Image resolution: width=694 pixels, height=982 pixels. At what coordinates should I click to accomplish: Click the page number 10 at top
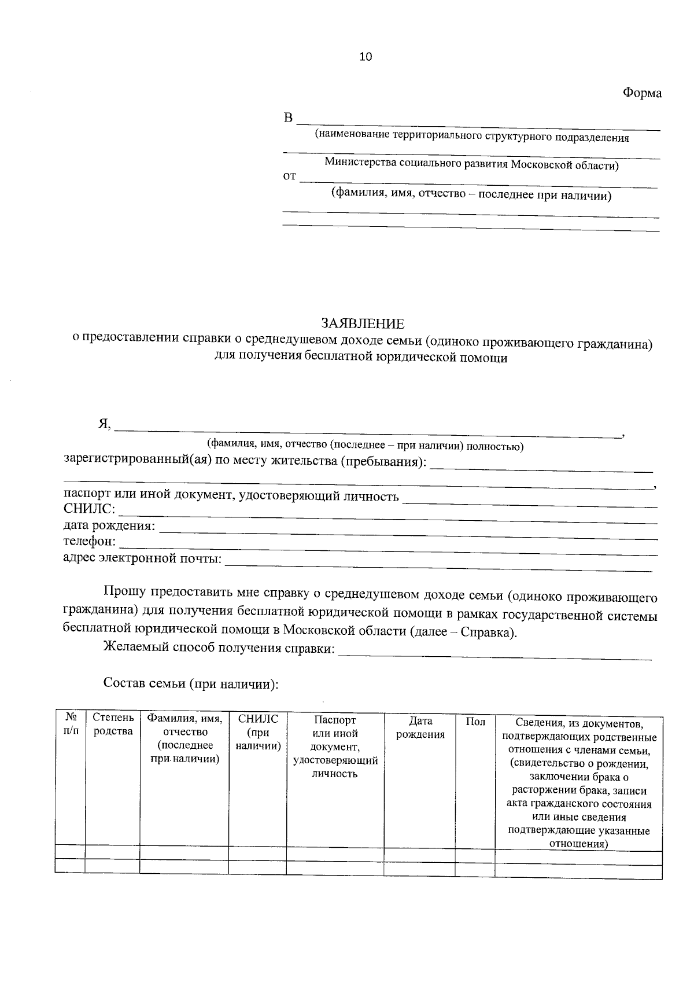366,57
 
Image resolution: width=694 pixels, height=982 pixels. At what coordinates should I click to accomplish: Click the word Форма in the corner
642,93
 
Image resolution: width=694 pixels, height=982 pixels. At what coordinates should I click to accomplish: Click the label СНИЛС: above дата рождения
89,510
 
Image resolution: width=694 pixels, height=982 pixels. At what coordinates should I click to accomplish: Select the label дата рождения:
109,526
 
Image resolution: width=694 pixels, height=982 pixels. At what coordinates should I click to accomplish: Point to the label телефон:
89,542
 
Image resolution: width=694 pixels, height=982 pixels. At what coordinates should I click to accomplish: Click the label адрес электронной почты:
142,558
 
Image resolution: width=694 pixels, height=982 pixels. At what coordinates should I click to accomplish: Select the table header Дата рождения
420,728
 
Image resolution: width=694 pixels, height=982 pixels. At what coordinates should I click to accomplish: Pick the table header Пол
475,722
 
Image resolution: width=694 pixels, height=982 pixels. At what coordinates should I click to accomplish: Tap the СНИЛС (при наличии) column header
258,732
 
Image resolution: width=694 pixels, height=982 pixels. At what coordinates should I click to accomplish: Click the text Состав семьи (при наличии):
191,683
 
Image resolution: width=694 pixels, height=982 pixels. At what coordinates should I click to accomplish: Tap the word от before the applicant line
289,176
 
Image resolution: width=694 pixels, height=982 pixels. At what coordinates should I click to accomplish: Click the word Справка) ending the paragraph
489,631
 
